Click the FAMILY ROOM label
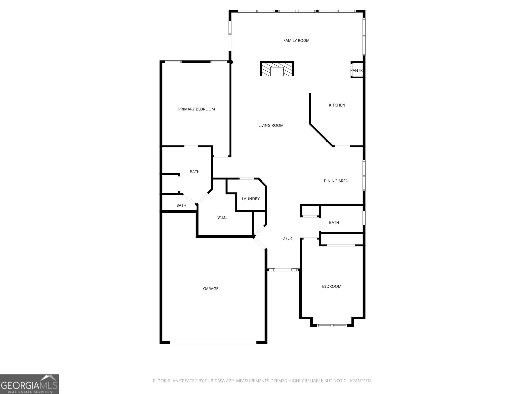pos(296,41)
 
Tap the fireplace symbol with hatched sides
pos(277,69)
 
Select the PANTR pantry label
pos(356,71)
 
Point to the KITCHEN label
pos(337,105)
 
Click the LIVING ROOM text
pos(271,126)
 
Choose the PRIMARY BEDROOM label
pos(197,109)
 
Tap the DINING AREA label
pos(335,181)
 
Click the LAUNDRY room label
pos(250,199)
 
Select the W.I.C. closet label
pos(222,218)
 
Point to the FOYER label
pos(286,238)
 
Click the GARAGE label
pos(211,289)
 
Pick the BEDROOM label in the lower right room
pos(331,287)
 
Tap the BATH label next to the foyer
pos(334,223)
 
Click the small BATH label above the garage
pos(181,206)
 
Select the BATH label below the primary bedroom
pos(195,172)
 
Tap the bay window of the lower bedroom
pos(332,326)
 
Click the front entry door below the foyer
pos(283,270)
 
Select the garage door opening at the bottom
pos(213,342)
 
